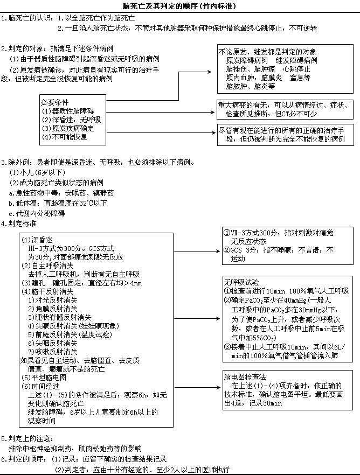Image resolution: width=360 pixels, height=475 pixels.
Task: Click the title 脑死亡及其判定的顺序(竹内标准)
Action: pos(179,6)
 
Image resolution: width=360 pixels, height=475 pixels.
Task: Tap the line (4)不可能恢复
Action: pos(64,137)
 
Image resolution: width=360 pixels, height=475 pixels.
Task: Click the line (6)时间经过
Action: pos(41,386)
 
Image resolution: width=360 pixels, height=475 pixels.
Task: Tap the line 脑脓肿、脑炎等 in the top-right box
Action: pos(251,86)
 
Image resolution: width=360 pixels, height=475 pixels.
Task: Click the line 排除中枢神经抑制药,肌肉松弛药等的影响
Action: pos(75,448)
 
